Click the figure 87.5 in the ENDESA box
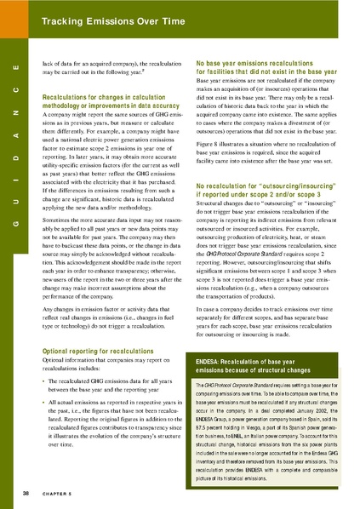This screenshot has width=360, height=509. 204,427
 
